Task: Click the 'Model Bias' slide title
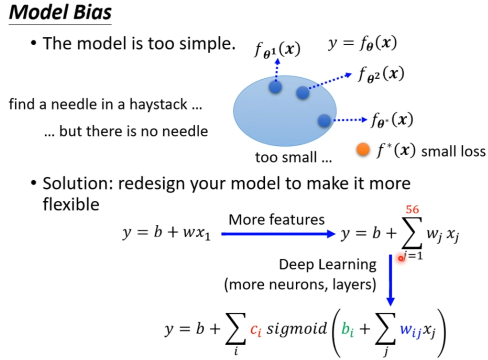click(x=60, y=12)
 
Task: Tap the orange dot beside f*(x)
click(x=363, y=149)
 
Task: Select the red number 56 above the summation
click(x=413, y=209)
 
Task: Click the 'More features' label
click(x=276, y=220)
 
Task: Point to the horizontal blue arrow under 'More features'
click(x=278, y=233)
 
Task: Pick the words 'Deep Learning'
click(x=327, y=265)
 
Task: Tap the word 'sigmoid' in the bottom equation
click(x=297, y=328)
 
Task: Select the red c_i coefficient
click(x=256, y=330)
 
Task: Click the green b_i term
click(x=347, y=329)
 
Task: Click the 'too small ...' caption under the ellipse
click(x=294, y=157)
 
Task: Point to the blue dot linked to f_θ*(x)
click(x=324, y=120)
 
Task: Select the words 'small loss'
click(x=453, y=151)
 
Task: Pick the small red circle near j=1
click(x=401, y=258)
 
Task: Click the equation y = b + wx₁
click(x=166, y=233)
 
